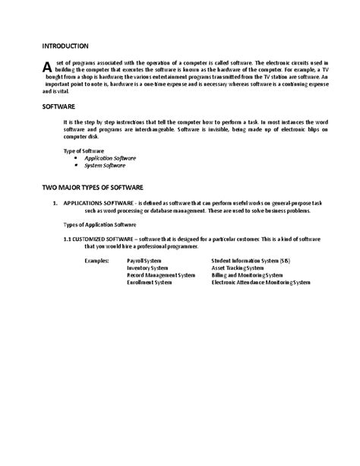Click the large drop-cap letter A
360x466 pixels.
tap(49, 68)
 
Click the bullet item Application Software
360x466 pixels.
tap(110, 158)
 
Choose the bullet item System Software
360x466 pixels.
tap(105, 165)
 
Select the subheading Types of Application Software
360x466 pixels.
tap(99, 225)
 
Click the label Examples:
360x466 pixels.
tap(96, 260)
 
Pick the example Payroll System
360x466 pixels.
tap(144, 260)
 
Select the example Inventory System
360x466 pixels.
tap(147, 268)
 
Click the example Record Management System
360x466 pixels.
tap(159, 274)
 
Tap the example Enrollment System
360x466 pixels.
tap(149, 282)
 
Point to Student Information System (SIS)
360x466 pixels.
tap(250, 260)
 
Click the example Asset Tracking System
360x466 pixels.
tap(238, 268)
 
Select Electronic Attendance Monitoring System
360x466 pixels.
tap(261, 282)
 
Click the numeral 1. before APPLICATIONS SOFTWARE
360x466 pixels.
tap(55, 204)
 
